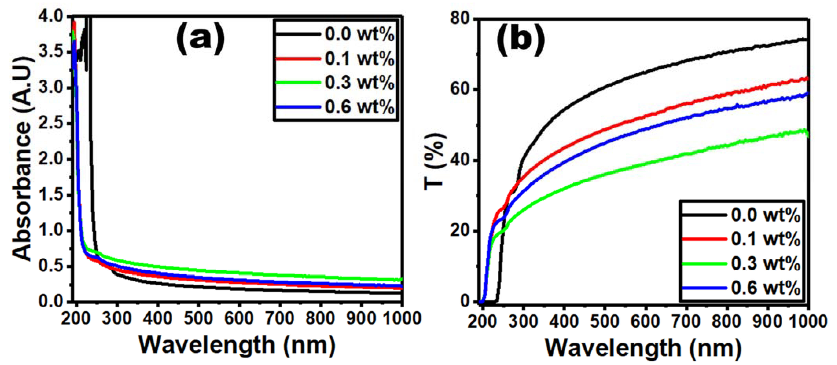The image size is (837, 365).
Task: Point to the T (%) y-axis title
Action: click(x=435, y=160)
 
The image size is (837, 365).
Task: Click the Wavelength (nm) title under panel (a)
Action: click(x=237, y=345)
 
